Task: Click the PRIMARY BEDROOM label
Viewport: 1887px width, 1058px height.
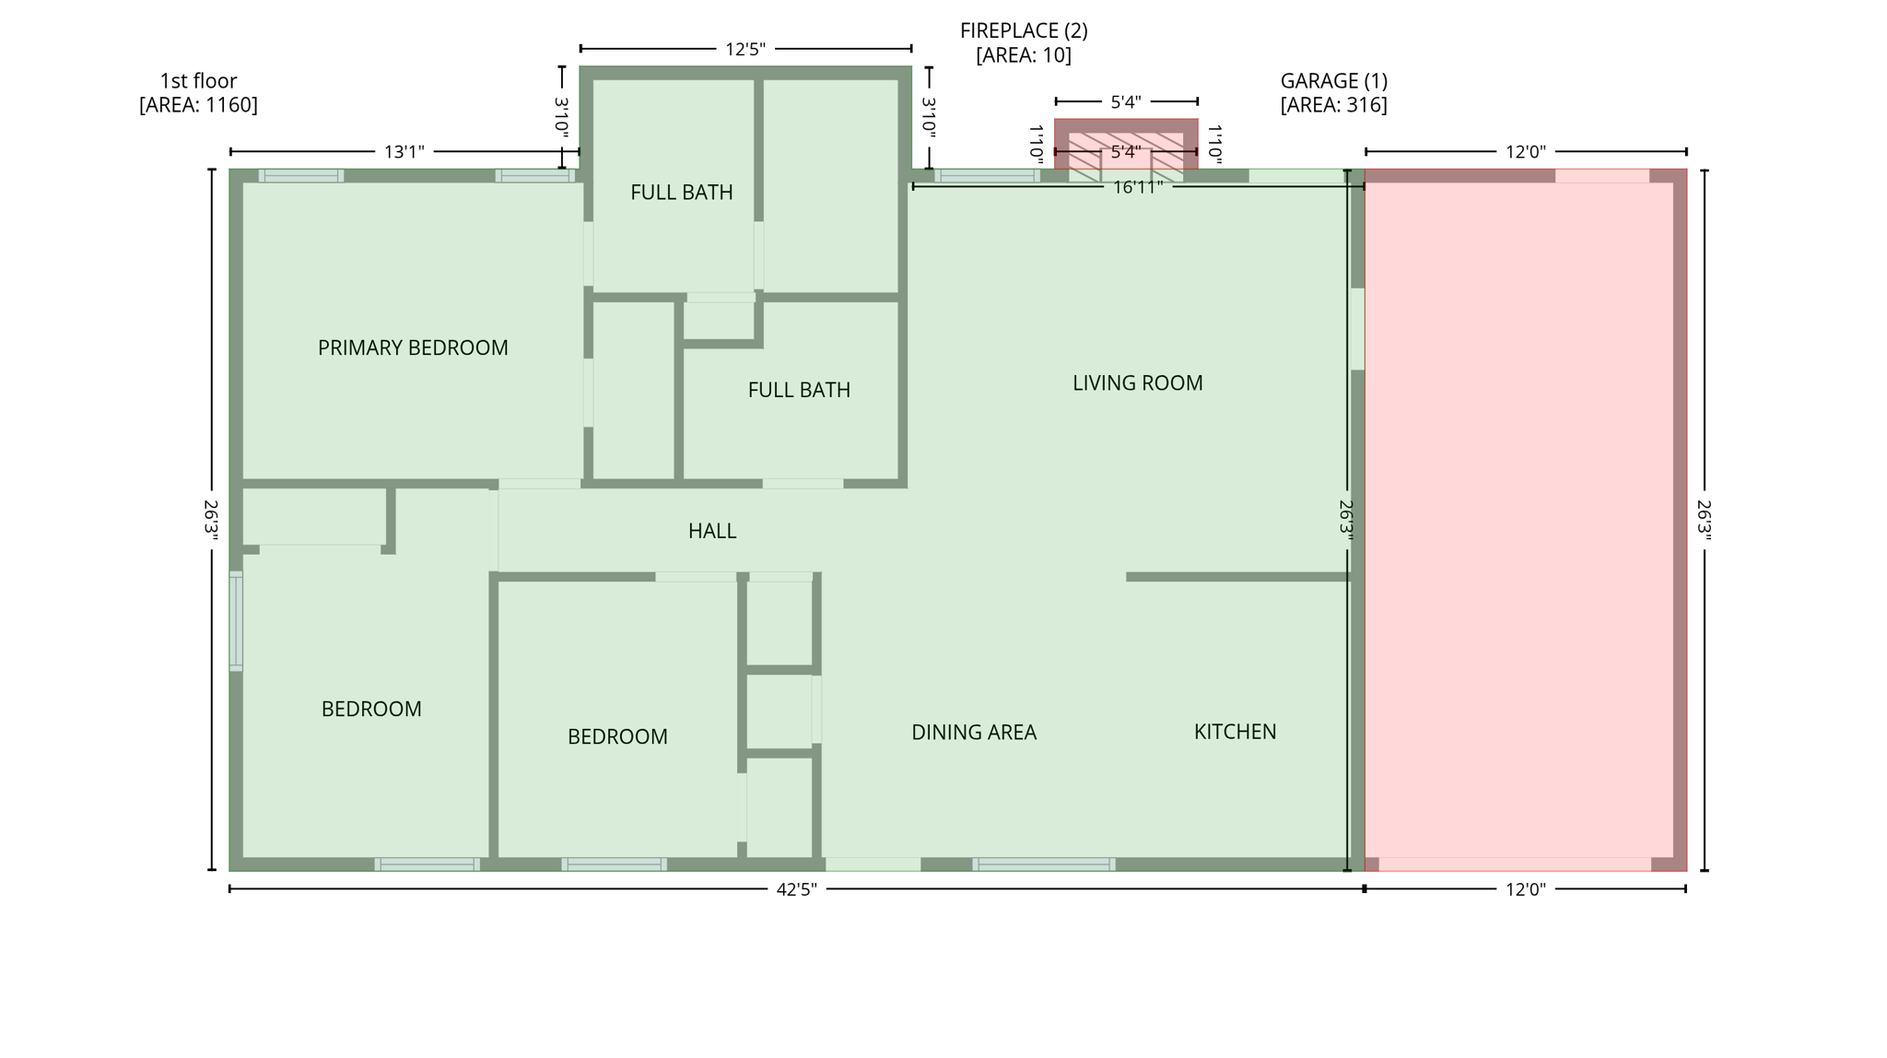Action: tap(413, 347)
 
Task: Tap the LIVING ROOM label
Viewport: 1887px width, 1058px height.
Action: tap(1137, 382)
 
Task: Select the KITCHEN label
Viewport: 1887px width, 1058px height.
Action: tap(1235, 731)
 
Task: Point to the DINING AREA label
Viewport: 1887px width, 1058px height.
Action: tap(974, 732)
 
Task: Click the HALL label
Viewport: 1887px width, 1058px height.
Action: tap(711, 531)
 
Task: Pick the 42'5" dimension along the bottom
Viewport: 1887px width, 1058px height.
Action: tap(796, 889)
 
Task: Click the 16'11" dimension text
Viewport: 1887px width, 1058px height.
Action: tap(1137, 187)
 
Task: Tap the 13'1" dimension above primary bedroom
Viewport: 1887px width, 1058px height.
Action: tap(404, 151)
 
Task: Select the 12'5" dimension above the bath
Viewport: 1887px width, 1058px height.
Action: tap(744, 49)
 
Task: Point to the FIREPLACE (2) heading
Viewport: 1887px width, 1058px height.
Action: tap(1024, 30)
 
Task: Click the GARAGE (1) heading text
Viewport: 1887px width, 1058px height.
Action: tap(1333, 80)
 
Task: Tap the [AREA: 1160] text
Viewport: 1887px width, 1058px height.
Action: tap(198, 104)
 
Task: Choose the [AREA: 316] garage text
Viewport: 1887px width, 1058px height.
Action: tap(1333, 104)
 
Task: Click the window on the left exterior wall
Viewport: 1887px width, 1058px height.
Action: tap(236, 620)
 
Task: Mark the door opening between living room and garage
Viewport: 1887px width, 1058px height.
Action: tap(1357, 329)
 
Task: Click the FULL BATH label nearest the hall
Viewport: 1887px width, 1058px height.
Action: tap(798, 390)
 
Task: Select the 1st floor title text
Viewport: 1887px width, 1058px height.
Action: tap(198, 80)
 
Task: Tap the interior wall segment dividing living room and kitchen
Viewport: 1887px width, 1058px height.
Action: tap(1237, 577)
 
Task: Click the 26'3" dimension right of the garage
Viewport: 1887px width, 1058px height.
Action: tap(1704, 521)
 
